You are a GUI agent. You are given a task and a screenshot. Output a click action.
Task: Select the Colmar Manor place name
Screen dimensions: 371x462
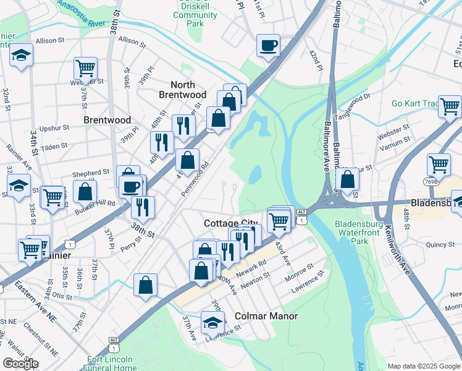(266, 316)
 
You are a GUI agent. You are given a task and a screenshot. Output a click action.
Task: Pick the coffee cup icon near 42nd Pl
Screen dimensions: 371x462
(268, 45)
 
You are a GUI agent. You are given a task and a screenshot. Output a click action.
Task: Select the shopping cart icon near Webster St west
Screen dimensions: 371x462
(85, 67)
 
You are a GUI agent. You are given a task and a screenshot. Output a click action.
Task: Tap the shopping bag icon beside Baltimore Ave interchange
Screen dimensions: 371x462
(348, 179)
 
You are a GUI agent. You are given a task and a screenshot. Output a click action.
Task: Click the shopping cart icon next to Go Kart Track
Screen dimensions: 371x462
(450, 106)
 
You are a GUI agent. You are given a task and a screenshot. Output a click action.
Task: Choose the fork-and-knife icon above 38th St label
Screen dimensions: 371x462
(143, 207)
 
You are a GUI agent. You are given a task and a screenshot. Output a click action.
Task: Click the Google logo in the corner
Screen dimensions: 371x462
(20, 364)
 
